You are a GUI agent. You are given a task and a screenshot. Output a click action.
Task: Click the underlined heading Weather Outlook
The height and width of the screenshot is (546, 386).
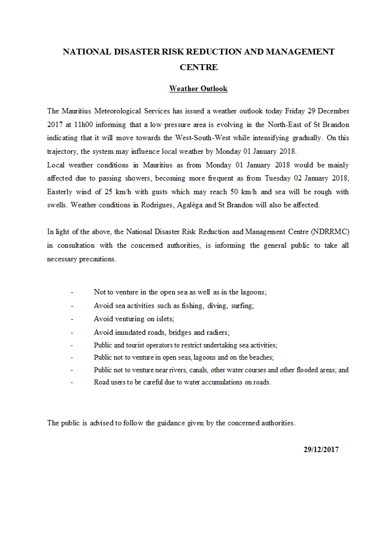click(198, 89)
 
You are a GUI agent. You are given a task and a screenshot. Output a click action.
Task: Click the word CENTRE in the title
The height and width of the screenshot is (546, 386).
click(199, 67)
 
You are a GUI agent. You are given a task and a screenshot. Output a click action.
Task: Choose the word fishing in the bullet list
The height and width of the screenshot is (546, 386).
click(192, 306)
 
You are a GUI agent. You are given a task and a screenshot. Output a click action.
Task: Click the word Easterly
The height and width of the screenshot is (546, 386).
click(61, 192)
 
